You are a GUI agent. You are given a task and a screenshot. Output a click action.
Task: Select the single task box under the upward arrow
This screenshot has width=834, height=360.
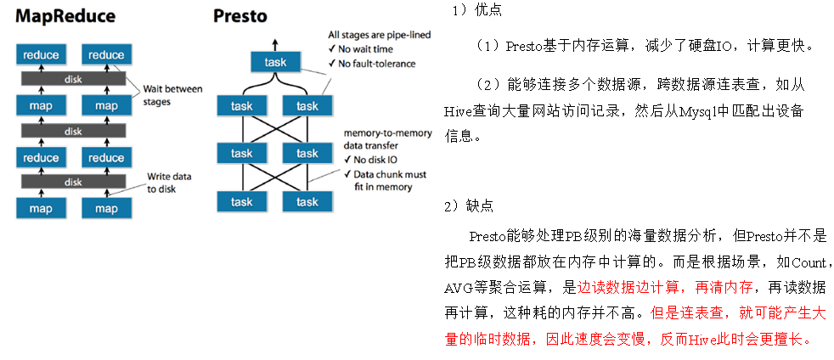click(x=274, y=63)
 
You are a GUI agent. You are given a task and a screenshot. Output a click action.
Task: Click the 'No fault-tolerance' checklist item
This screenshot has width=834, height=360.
click(x=377, y=64)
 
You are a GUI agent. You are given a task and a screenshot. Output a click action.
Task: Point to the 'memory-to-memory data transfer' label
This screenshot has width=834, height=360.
click(x=386, y=139)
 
